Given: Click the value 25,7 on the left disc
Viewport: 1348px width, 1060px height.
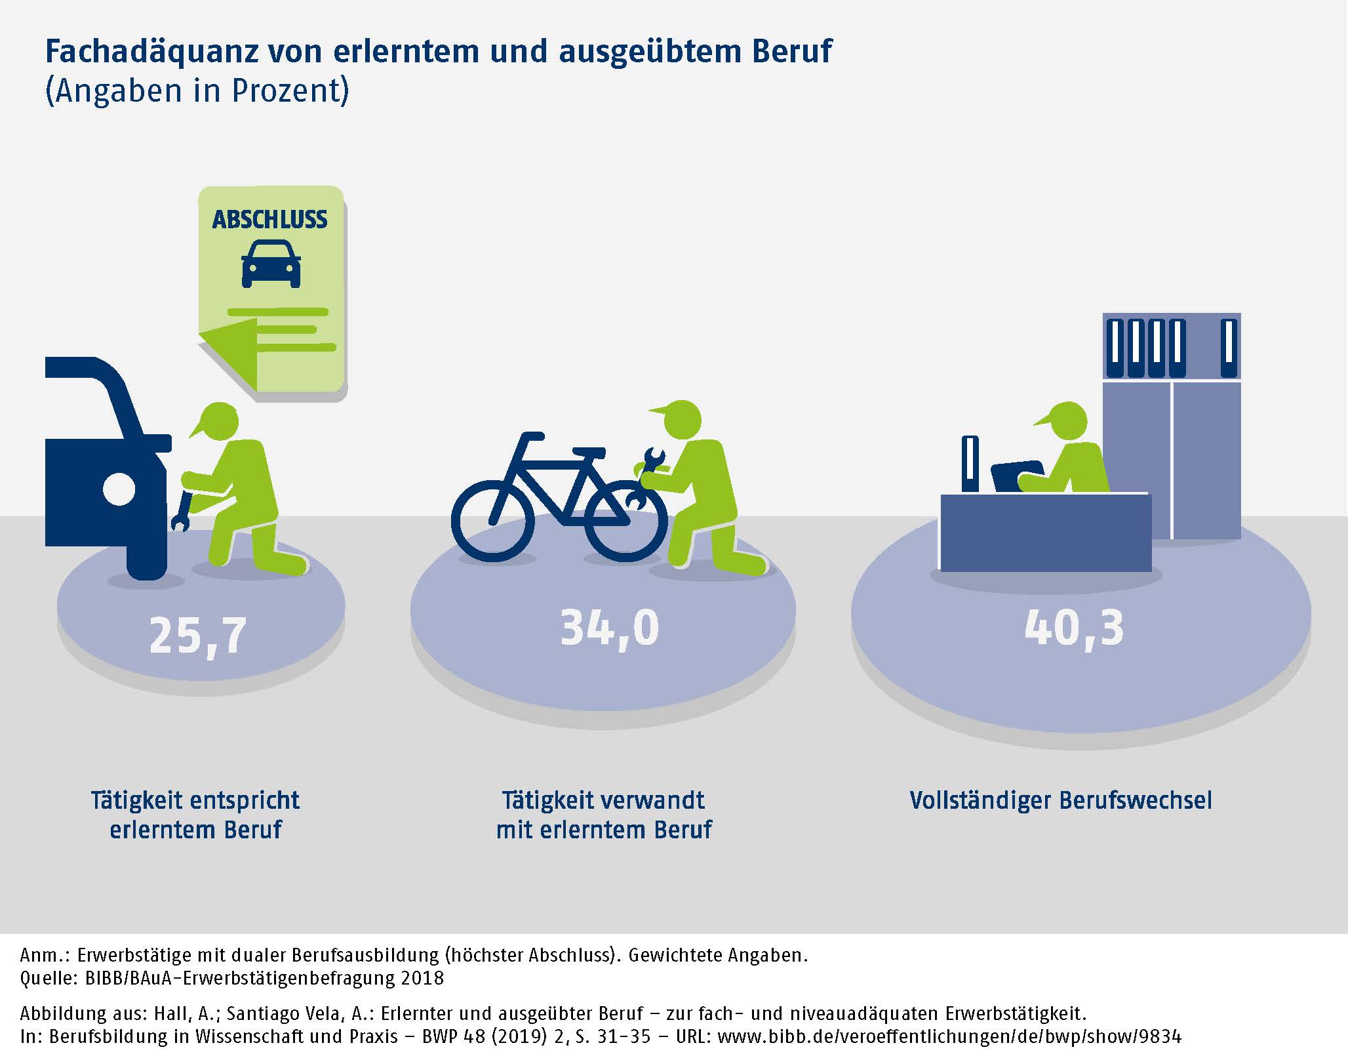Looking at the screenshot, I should click(x=198, y=636).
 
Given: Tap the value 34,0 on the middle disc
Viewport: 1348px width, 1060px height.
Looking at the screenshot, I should click(x=609, y=628).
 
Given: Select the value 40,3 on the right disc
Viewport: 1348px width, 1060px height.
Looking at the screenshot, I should click(x=1074, y=628).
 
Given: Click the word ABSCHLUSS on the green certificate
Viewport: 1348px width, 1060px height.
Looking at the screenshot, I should click(x=269, y=220).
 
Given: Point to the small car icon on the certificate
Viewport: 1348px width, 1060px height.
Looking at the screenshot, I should click(x=271, y=264).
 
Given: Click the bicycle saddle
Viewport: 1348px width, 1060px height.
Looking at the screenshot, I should click(x=588, y=453).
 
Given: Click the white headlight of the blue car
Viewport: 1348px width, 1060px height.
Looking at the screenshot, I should click(x=119, y=489).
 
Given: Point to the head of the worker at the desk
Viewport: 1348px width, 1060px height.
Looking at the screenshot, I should click(x=1066, y=422).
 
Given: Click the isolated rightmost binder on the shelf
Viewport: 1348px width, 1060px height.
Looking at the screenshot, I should click(x=1229, y=348).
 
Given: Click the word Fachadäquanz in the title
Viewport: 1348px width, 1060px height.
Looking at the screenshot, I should click(x=151, y=51).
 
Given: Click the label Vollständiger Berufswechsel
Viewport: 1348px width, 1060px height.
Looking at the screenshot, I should click(x=1061, y=801).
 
